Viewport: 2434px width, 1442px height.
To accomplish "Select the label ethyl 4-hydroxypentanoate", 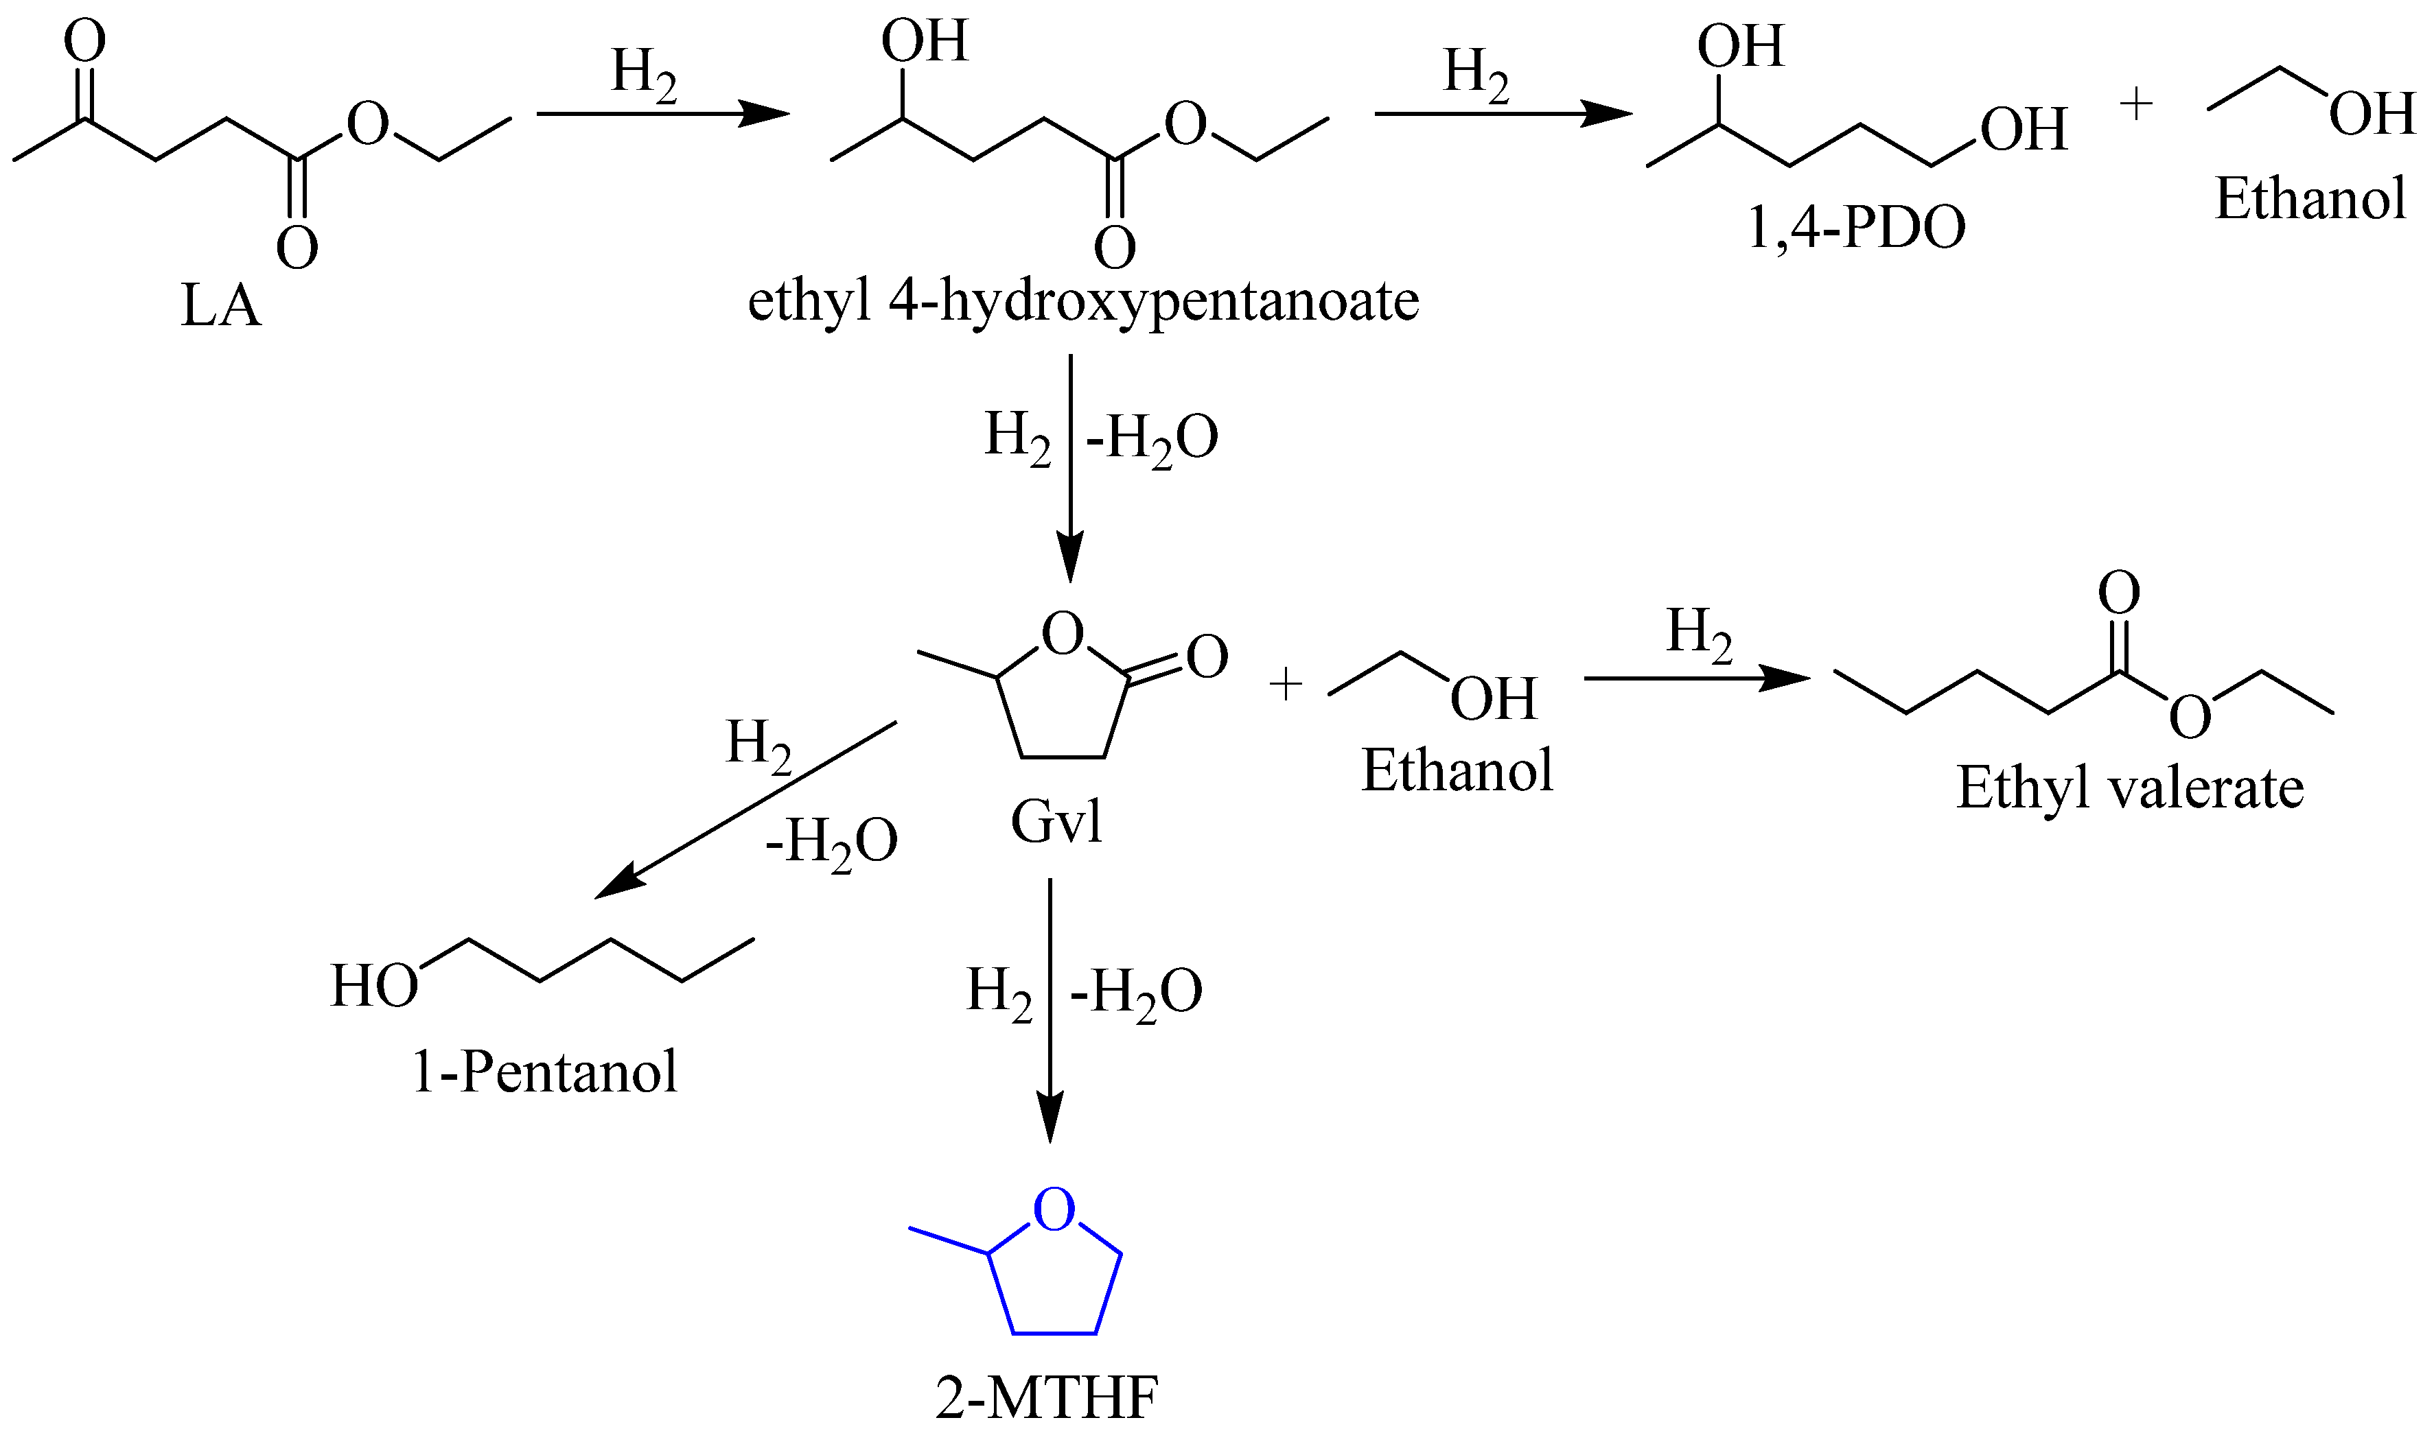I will click(x=1083, y=301).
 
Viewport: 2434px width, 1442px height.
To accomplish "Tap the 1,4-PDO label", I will click(x=1855, y=228).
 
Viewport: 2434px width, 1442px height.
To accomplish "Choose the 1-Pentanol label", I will click(x=544, y=1072).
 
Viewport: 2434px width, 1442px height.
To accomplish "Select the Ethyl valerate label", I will click(x=2129, y=787).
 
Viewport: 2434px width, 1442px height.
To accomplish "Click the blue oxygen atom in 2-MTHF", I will click(x=1054, y=1209).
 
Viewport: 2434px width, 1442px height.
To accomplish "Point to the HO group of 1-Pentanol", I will click(x=374, y=986).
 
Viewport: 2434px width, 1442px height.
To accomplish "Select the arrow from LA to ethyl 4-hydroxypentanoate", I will click(x=663, y=114).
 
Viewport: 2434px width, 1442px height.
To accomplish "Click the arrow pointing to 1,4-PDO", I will click(x=1502, y=114).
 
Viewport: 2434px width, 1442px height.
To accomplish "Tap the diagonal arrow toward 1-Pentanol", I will click(x=743, y=809).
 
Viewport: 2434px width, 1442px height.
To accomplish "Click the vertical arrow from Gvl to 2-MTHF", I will click(x=1050, y=1010).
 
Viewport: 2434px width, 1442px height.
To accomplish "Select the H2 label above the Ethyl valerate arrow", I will click(x=1698, y=635).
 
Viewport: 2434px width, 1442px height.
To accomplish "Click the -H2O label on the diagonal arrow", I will click(x=831, y=842).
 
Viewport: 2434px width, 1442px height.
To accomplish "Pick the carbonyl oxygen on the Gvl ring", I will click(x=1206, y=657).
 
